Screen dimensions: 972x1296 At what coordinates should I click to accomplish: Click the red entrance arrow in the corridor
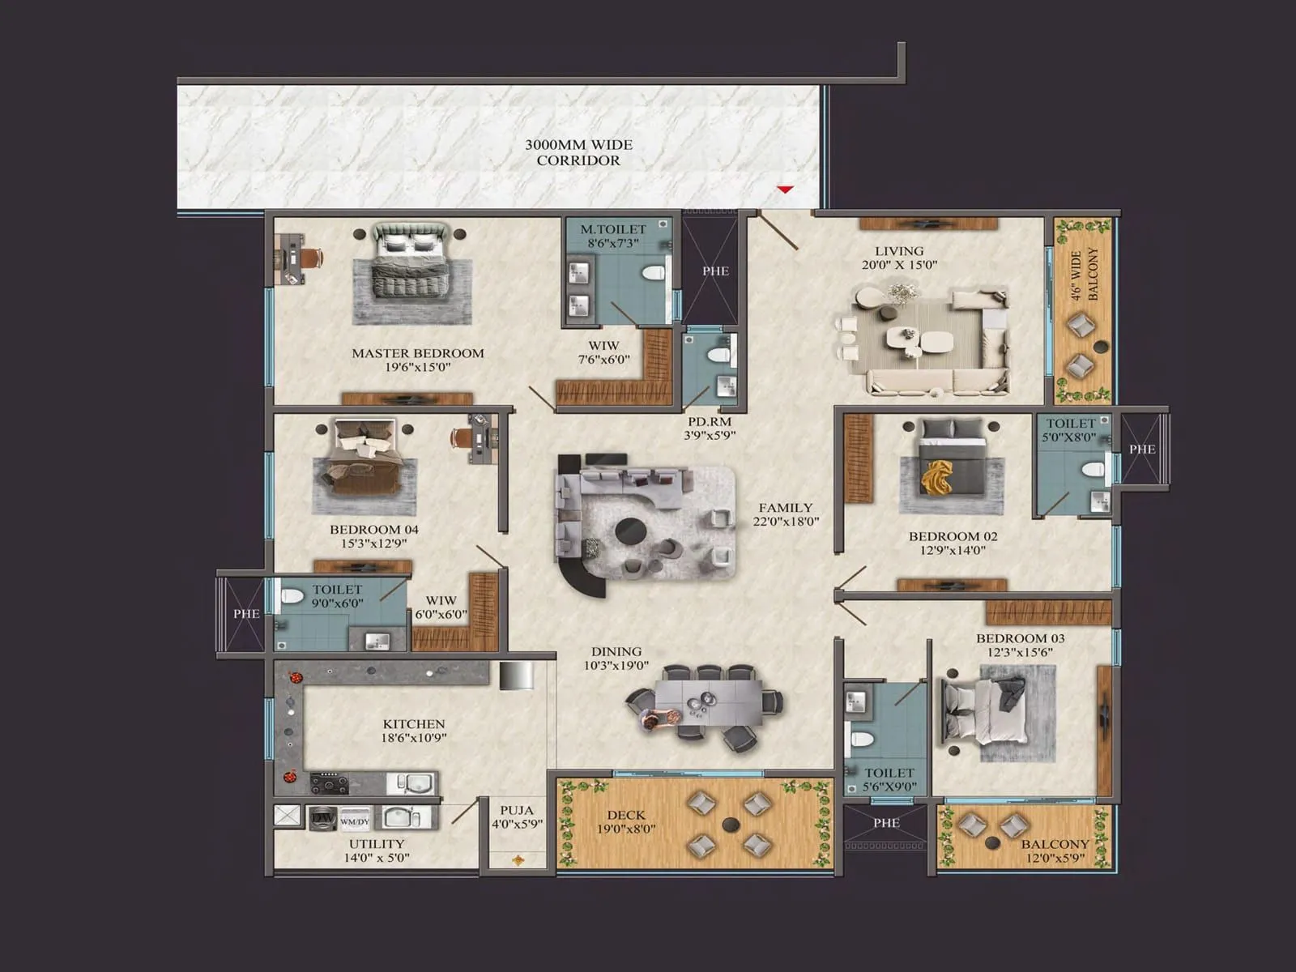[785, 190]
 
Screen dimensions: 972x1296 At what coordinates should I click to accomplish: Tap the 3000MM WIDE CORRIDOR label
[578, 152]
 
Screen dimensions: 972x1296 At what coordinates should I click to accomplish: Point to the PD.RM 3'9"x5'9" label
[710, 428]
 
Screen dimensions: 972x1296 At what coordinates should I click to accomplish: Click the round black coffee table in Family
[630, 533]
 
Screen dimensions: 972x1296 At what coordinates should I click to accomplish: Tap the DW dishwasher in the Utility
[322, 818]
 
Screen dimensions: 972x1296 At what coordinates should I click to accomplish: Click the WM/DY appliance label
[355, 821]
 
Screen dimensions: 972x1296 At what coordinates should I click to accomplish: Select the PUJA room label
[517, 816]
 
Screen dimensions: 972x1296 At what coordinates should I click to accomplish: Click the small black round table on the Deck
[731, 825]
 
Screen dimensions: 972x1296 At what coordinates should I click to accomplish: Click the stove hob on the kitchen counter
[329, 783]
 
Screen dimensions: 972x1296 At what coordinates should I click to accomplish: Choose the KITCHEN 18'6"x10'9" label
[414, 731]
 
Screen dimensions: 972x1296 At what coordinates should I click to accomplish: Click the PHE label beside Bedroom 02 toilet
[1142, 449]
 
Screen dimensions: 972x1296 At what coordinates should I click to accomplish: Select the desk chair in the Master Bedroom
[313, 257]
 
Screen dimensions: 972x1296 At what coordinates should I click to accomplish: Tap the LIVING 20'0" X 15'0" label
[899, 258]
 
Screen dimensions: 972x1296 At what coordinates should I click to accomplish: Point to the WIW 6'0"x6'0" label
[441, 607]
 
